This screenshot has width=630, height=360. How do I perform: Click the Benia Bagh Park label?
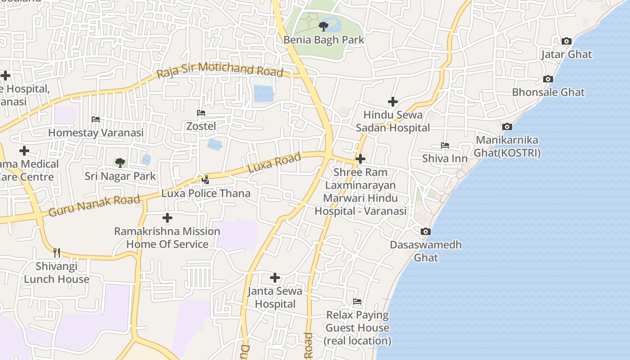pyautogui.click(x=324, y=40)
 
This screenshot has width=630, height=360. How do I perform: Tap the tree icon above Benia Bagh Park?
pyautogui.click(x=323, y=26)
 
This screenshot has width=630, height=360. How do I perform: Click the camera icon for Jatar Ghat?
pyautogui.click(x=567, y=41)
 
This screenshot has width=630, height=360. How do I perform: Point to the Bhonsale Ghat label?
pyautogui.click(x=548, y=92)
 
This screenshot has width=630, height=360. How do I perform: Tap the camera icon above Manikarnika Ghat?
pyautogui.click(x=507, y=127)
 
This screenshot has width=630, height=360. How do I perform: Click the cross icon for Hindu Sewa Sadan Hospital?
pyautogui.click(x=393, y=102)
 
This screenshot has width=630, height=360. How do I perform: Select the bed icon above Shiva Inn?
pyautogui.click(x=445, y=145)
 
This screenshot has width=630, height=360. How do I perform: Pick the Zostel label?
pyautogui.click(x=201, y=126)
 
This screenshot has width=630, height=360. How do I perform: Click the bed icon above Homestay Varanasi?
pyautogui.click(x=96, y=119)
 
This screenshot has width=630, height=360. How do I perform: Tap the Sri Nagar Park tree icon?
pyautogui.click(x=120, y=162)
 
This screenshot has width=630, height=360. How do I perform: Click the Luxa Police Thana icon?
pyautogui.click(x=206, y=180)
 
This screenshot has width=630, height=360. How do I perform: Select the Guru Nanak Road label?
pyautogui.click(x=94, y=205)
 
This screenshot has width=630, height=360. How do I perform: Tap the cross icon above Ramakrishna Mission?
pyautogui.click(x=167, y=218)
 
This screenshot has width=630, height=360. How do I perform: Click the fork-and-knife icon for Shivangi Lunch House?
pyautogui.click(x=57, y=252)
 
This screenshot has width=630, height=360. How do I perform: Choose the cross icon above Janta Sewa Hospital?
pyautogui.click(x=275, y=278)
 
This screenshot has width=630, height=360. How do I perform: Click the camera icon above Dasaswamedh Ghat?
pyautogui.click(x=425, y=232)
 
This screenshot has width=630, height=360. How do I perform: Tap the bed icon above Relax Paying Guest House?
pyautogui.click(x=357, y=301)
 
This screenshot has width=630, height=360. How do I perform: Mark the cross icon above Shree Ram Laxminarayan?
pyautogui.click(x=360, y=159)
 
